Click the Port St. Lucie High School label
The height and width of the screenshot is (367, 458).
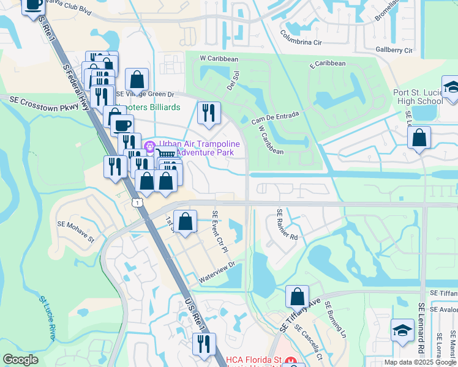(x=418, y=97)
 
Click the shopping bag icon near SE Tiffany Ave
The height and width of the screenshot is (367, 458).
(x=297, y=297)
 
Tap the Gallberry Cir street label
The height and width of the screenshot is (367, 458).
(x=394, y=50)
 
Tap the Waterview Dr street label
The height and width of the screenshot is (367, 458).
(x=217, y=273)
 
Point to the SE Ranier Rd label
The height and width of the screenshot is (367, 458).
(x=286, y=225)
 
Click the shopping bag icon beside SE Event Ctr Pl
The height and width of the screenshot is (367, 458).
(x=185, y=221)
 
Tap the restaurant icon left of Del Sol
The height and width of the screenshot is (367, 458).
(x=209, y=113)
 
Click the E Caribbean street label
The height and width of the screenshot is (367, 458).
(x=328, y=63)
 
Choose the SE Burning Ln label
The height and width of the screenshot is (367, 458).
(x=335, y=321)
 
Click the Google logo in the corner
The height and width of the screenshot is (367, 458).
(x=20, y=360)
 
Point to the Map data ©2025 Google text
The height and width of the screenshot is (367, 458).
(x=420, y=362)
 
